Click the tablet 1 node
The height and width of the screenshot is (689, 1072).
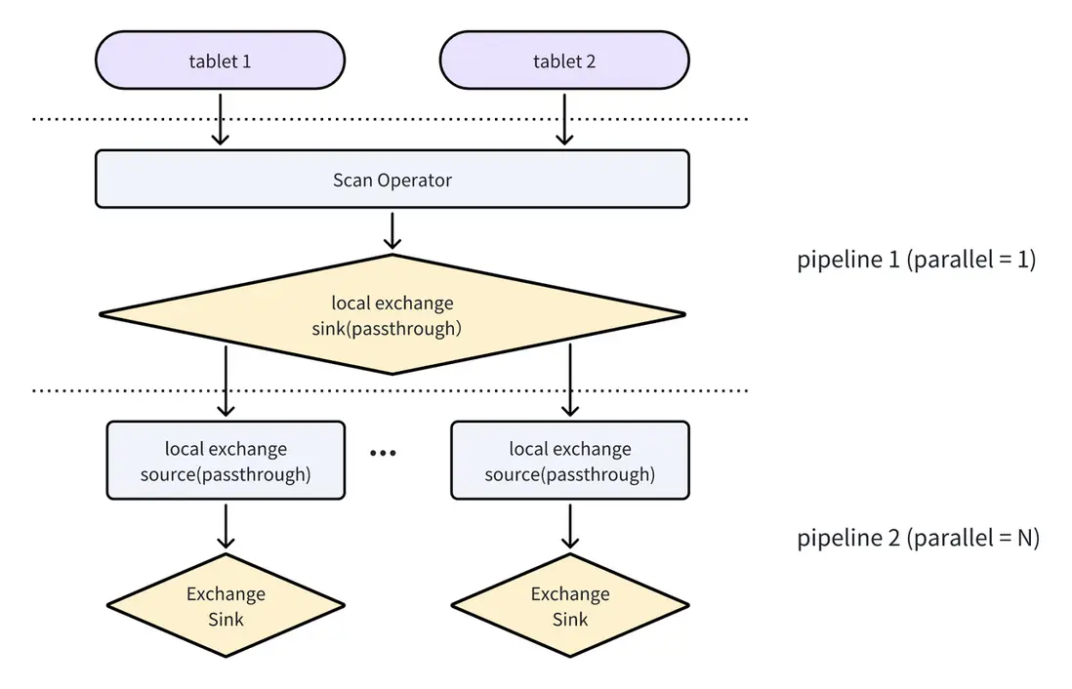coord(220,61)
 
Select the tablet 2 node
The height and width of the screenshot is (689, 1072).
coord(564,61)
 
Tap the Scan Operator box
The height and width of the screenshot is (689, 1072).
coord(392,180)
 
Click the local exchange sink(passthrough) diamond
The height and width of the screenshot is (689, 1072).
coord(392,314)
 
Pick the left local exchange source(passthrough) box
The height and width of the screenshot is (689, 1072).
coord(226,461)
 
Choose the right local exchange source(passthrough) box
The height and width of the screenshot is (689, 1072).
coord(570,461)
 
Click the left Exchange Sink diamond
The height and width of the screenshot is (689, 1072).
coord(226,606)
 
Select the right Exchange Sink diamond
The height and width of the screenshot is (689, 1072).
coord(570,606)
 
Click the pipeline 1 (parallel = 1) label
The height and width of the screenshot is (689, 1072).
coord(916,261)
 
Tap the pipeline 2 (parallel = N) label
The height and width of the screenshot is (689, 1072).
coord(917,538)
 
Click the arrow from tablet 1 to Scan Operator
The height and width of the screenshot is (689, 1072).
coord(221,118)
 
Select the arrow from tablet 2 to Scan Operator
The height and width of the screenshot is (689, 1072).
coord(564,118)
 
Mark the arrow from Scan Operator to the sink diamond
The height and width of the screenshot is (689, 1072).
coord(392,230)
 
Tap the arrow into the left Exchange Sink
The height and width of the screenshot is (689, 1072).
coord(226,526)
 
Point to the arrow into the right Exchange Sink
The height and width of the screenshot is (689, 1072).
coord(570,526)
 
